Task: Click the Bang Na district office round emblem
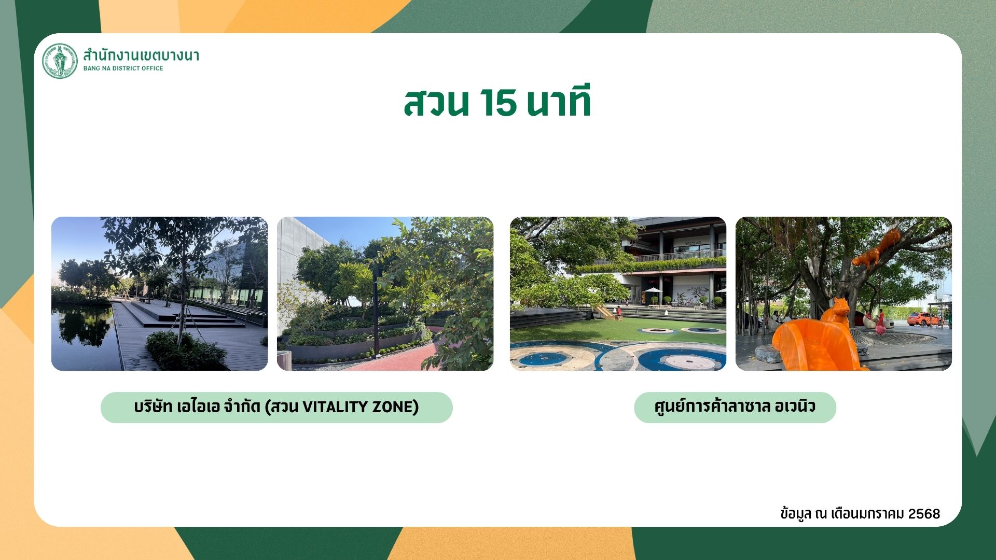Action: coord(60,61)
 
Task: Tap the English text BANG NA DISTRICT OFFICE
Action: coord(123,68)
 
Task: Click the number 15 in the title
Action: coord(498,103)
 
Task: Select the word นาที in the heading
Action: coord(559,101)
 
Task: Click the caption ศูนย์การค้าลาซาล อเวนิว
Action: coord(735,406)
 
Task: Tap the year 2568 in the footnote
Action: coord(924,514)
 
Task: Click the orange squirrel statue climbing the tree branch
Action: coord(876,249)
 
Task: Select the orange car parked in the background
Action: coord(925,319)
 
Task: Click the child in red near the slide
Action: coord(619,313)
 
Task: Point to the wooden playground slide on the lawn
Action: coord(605,312)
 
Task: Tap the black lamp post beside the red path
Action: coord(376,311)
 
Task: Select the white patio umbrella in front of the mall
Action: coord(652,290)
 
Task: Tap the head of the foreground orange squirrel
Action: coord(840,305)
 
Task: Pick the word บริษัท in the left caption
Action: coord(153,407)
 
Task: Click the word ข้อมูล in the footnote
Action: coord(796,514)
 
